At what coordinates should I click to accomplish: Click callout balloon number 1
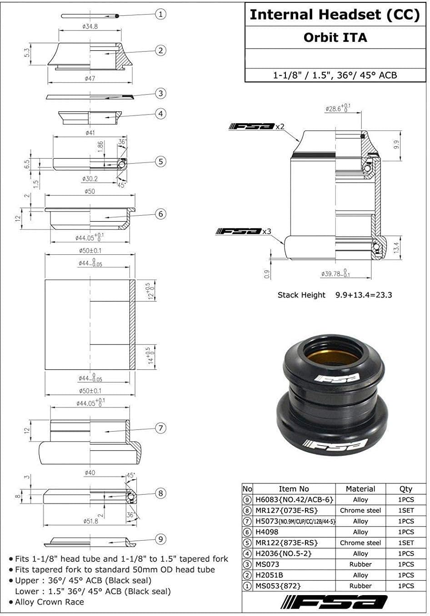(x=160, y=14)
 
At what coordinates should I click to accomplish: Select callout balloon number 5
(x=161, y=161)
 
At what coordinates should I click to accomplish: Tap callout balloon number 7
(x=161, y=428)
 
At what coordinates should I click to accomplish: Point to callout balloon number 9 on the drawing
(x=161, y=539)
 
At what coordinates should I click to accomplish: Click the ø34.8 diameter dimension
(x=90, y=26)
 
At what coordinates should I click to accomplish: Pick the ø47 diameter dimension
(x=90, y=79)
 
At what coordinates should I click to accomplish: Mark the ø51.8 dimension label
(x=90, y=521)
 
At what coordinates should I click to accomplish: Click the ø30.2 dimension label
(x=90, y=179)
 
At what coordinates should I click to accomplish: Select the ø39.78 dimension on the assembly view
(x=335, y=273)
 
